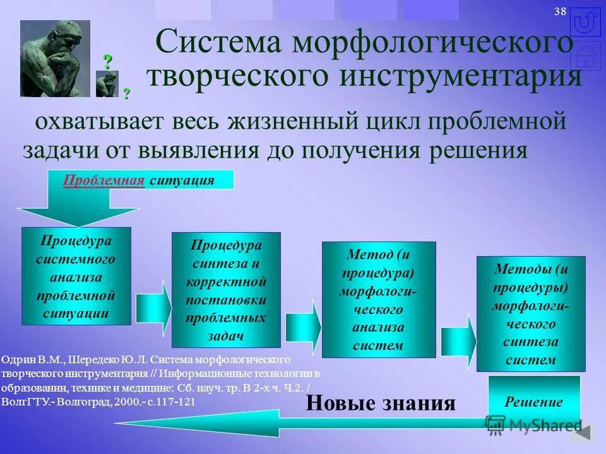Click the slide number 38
click(x=560, y=13)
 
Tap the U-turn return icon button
click(x=585, y=22)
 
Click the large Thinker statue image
click(x=55, y=58)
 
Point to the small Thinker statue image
click(x=107, y=84)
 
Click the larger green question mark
click(x=108, y=62)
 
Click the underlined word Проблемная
click(x=104, y=180)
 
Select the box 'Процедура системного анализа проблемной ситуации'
click(x=76, y=276)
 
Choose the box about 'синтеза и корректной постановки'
click(x=227, y=290)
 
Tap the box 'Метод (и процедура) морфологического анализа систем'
click(x=379, y=300)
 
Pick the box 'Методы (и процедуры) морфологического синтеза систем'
click(x=531, y=313)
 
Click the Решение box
click(x=534, y=402)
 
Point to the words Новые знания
click(x=381, y=404)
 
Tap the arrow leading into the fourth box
click(x=458, y=341)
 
